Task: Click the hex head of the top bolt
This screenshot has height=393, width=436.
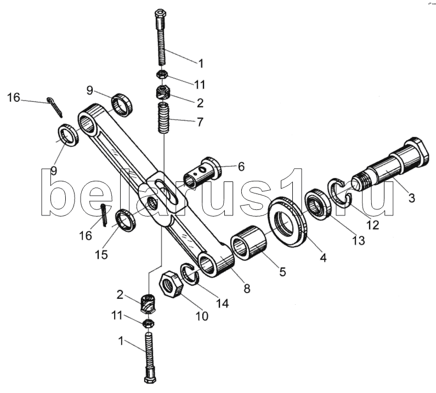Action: (160, 15)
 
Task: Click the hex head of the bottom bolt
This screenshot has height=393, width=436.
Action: (150, 379)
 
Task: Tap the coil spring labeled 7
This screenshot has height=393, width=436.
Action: (165, 118)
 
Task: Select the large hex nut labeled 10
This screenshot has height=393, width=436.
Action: (171, 284)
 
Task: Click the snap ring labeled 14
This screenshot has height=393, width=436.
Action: (190, 274)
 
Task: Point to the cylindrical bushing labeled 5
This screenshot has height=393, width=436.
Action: (248, 242)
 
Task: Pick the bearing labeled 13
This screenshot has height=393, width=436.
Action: (318, 204)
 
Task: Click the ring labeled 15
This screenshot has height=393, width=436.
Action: (126, 221)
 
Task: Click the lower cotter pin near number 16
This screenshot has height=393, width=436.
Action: (104, 215)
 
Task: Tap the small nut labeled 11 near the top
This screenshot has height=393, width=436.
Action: (161, 75)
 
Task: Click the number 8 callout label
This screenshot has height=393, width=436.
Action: (247, 288)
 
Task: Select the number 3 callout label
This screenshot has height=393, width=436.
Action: (411, 198)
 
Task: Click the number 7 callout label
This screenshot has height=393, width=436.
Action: (200, 122)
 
